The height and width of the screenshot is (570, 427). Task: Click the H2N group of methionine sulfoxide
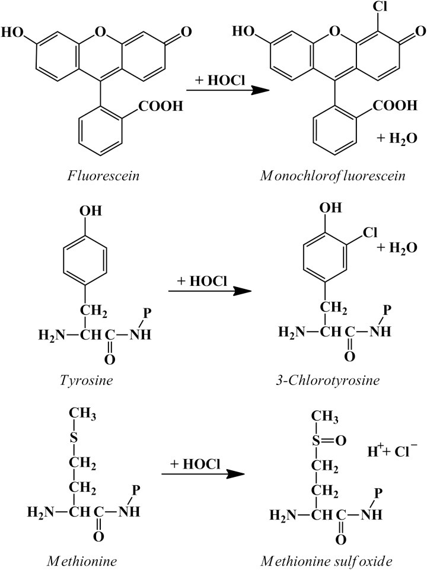pos(283,514)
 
